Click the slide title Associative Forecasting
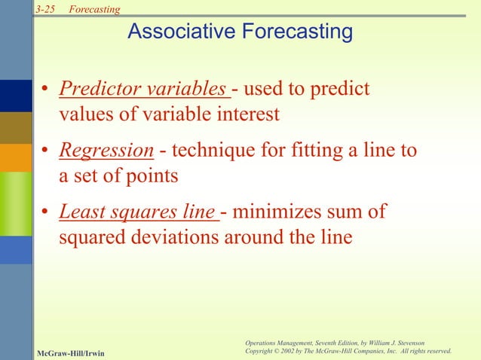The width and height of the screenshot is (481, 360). [240, 32]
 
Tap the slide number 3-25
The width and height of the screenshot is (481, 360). [45, 8]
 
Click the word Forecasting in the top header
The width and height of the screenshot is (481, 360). [94, 8]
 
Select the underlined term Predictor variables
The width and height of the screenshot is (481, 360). [143, 90]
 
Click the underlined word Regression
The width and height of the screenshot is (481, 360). [106, 151]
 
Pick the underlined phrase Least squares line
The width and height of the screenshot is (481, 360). [137, 212]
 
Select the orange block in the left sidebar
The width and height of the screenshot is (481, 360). [16, 157]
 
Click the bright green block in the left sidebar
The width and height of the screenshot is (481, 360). [16, 203]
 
